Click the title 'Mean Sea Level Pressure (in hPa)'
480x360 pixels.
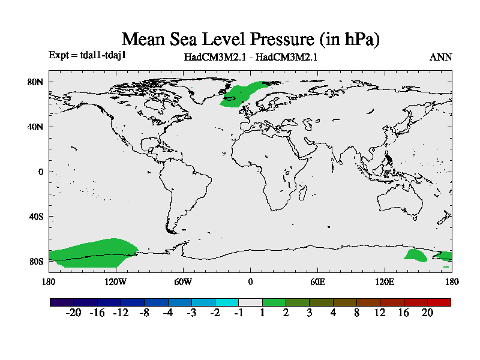[251, 40]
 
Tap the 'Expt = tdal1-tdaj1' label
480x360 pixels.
[86, 55]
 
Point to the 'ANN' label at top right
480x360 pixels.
[440, 58]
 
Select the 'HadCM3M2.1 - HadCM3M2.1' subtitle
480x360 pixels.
[250, 58]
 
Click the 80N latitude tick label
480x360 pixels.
[36, 82]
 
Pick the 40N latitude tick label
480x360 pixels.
[36, 127]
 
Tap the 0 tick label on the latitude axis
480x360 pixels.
[41, 172]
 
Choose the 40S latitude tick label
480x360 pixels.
[36, 216]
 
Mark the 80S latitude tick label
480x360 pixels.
[36, 261]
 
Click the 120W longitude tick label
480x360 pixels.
[115, 281]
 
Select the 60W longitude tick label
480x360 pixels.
[182, 281]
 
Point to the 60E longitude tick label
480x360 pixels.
[317, 281]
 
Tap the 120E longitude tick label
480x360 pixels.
[385, 281]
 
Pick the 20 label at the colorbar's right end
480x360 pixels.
[427, 313]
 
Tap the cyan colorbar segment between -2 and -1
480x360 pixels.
[227, 302]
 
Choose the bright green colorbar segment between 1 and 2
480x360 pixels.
[274, 302]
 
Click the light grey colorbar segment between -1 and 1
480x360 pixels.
[250, 302]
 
